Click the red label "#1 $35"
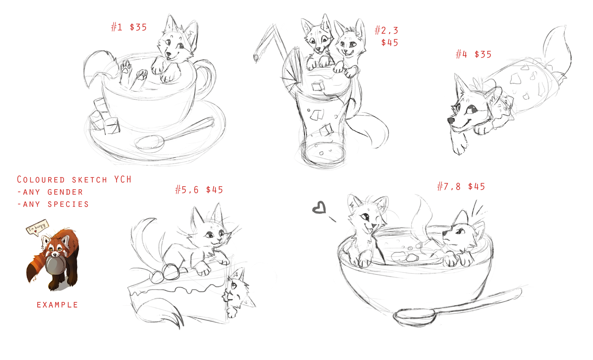tap(129, 27)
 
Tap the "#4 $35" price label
tap(474, 54)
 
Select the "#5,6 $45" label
tap(199, 190)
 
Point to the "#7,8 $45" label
tap(461, 187)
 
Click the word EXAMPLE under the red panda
tap(57, 305)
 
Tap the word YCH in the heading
tap(123, 179)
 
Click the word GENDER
tap(65, 192)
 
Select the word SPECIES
tap(68, 204)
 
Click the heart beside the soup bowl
tap(319, 208)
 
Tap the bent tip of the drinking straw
tap(256, 58)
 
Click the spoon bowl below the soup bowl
tap(414, 316)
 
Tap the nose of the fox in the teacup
tap(168, 54)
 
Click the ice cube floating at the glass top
tap(318, 87)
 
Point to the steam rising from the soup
tap(421, 220)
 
